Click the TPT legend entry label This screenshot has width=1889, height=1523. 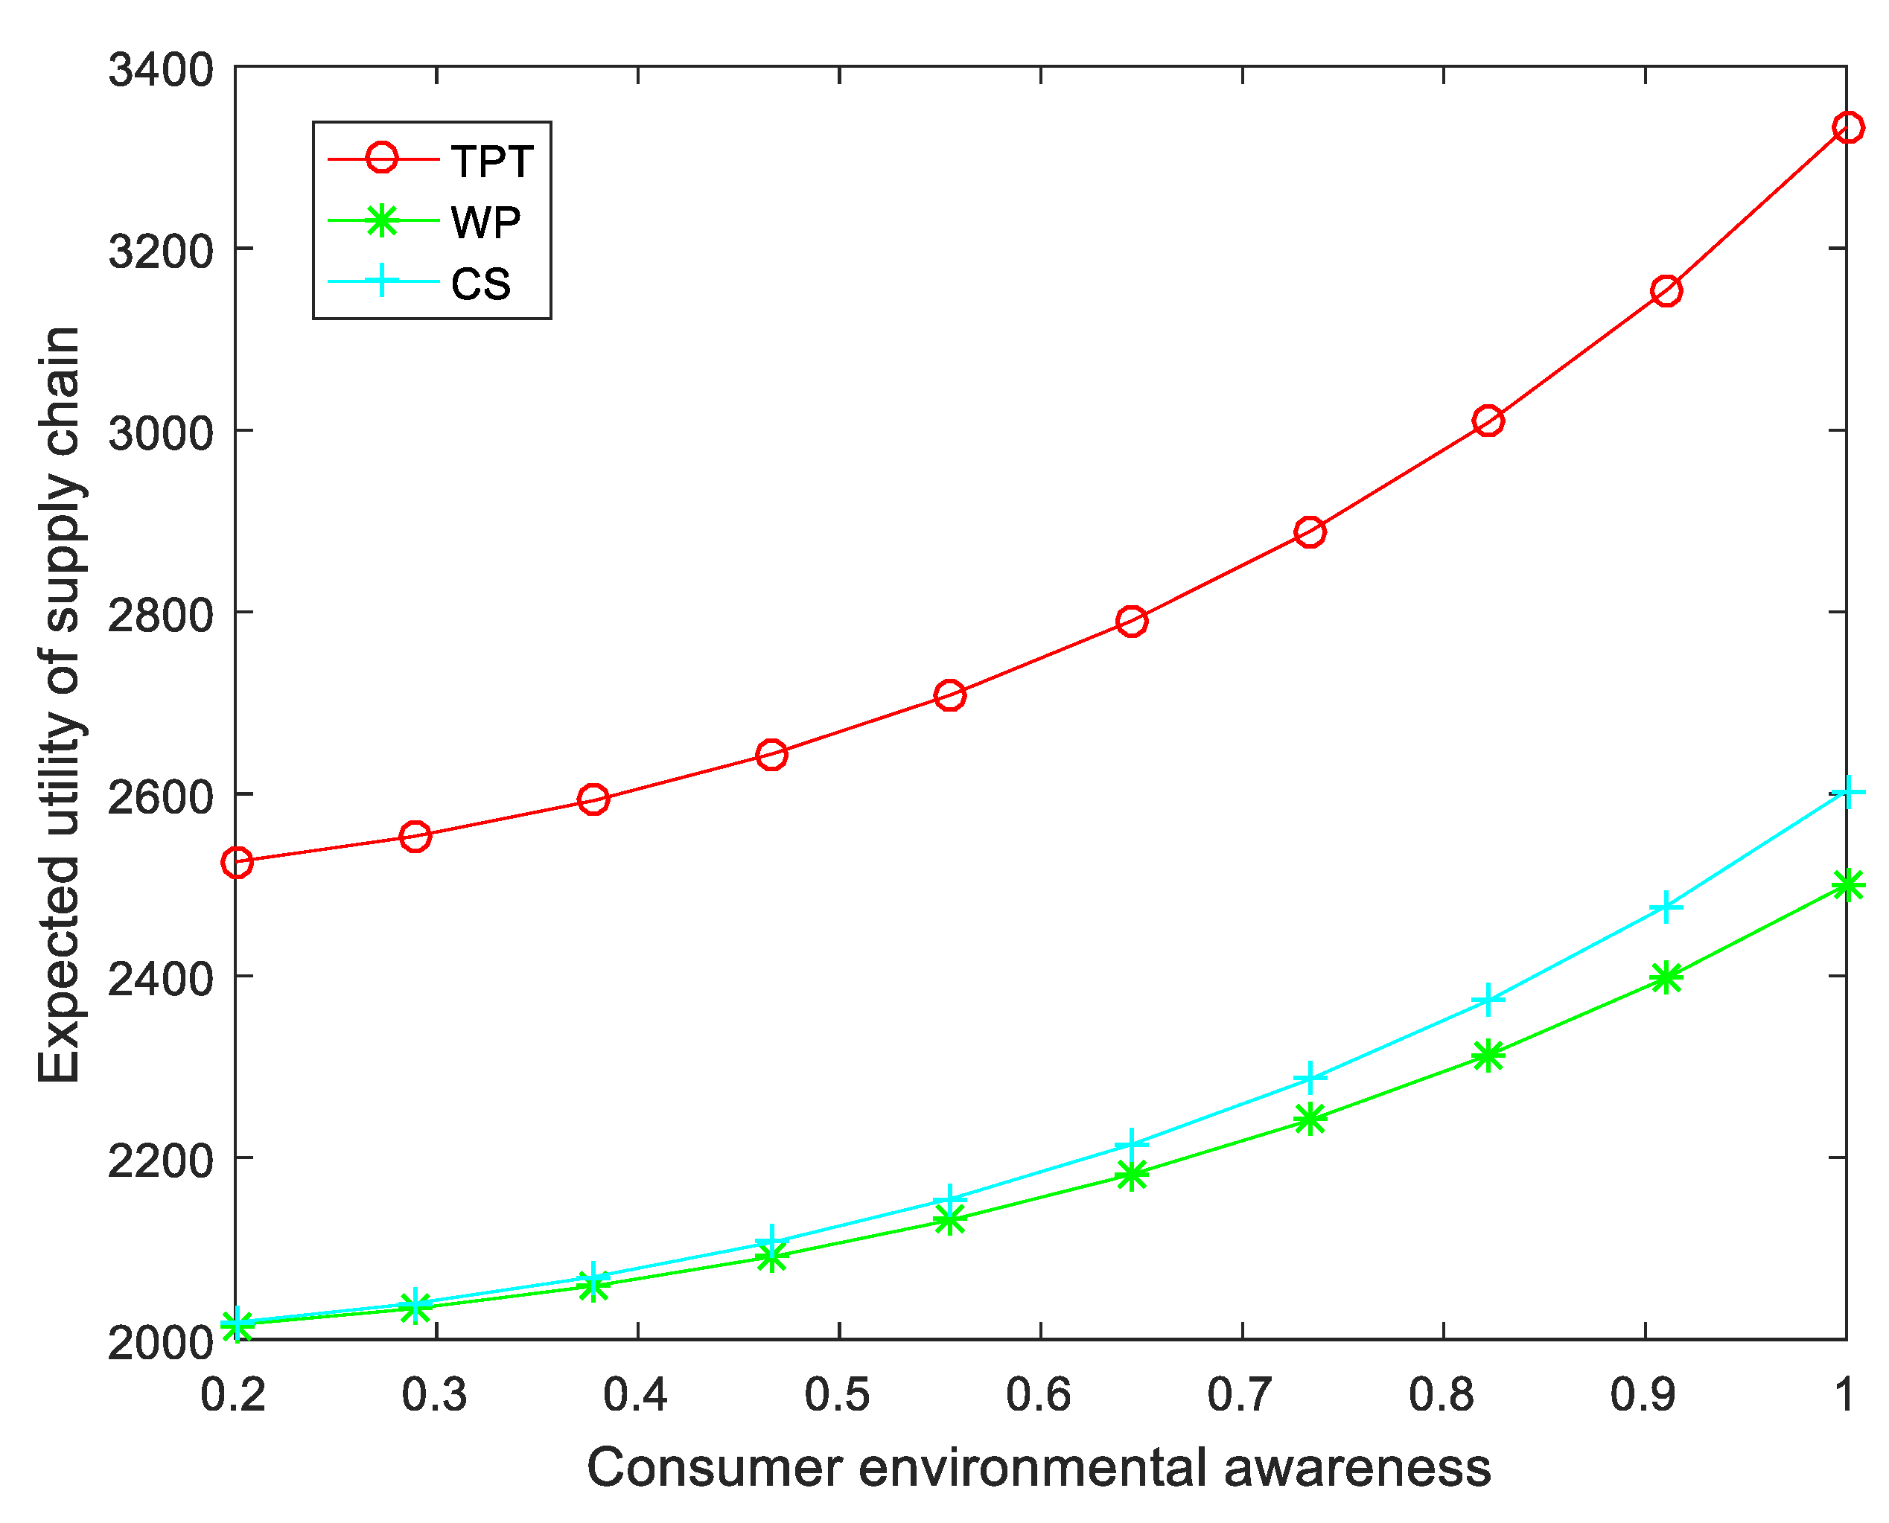491,162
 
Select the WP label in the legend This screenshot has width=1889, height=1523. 485,223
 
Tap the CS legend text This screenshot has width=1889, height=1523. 481,284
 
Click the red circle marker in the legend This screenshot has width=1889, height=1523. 382,159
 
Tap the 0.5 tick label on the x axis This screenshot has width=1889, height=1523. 838,1394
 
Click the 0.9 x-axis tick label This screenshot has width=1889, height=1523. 1643,1394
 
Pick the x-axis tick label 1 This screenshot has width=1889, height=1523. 1844,1394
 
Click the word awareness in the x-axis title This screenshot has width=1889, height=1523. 1357,1468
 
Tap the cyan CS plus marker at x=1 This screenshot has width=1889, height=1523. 1847,793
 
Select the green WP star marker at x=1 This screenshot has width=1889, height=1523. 1847,885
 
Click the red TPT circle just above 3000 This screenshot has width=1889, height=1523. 1488,421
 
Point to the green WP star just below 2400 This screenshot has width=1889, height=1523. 1666,977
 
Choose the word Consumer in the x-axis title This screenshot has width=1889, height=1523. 714,1468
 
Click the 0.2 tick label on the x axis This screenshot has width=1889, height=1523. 232,1394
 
